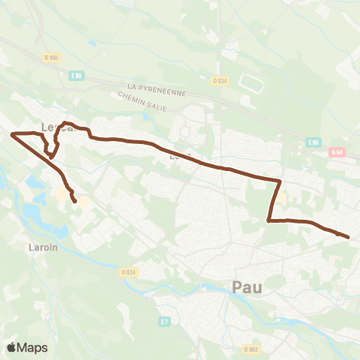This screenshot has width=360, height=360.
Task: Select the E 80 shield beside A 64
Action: (x=313, y=142)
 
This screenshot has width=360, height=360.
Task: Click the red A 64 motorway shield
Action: (x=337, y=152)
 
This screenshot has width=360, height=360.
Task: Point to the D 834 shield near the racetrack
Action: (x=219, y=81)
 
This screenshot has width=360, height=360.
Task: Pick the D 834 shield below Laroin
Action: (x=128, y=272)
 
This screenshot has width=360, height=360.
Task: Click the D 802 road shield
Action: (x=250, y=349)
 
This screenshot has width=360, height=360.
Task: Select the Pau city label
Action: (x=247, y=286)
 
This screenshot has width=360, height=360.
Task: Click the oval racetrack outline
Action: (x=252, y=83)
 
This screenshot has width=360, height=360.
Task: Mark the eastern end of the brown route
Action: (x=348, y=237)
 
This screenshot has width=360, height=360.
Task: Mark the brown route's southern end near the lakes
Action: (x=74, y=200)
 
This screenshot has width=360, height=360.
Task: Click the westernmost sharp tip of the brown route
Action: (x=11, y=134)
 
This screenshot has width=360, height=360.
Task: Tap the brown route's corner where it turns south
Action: (x=280, y=181)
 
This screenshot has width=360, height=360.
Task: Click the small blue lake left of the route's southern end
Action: (x=34, y=181)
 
